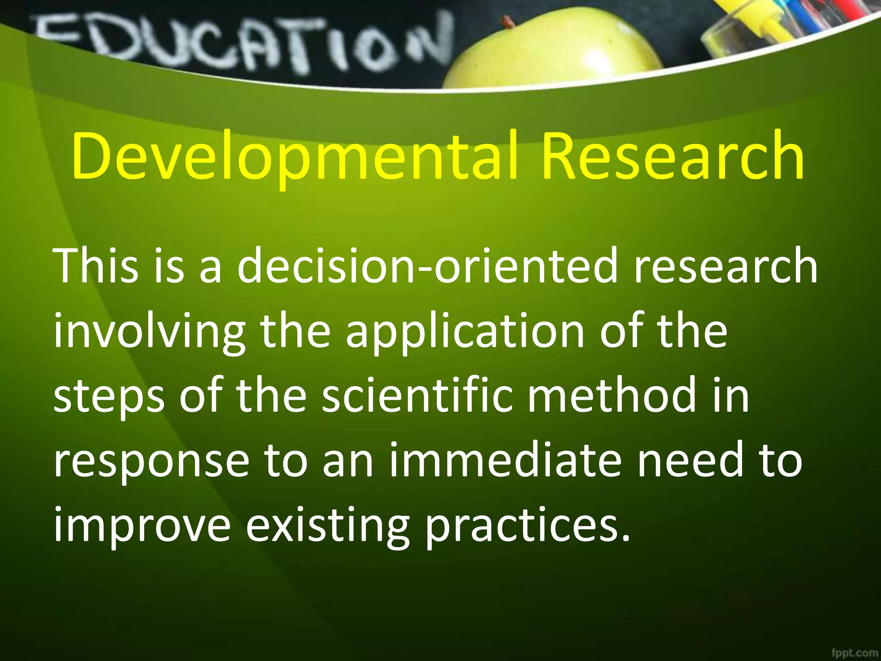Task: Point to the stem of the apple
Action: [508, 21]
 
